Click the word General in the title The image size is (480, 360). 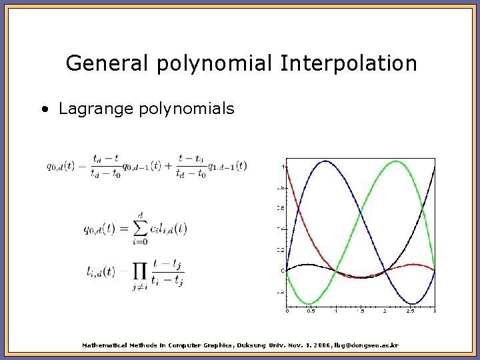point(109,64)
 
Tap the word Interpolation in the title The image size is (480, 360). point(349,64)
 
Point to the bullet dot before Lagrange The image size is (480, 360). point(44,109)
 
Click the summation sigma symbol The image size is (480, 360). point(139,229)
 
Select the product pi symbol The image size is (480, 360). point(140,271)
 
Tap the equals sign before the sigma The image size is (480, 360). point(123,229)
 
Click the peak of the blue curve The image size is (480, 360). point(326,161)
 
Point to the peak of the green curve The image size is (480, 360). point(396,161)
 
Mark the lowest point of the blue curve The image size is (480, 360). point(412,304)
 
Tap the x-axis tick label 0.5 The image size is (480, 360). point(311,311)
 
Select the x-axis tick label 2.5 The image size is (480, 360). point(409,311)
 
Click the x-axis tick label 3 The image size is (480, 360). point(434,311)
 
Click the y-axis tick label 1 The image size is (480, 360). point(283,166)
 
